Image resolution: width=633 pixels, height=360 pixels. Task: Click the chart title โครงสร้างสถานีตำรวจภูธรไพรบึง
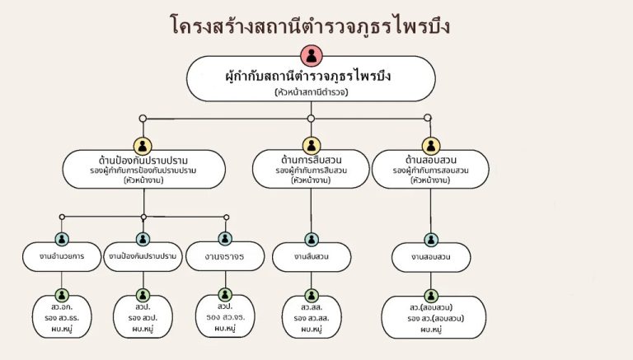(316, 26)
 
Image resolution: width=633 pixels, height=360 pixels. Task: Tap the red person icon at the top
(312, 56)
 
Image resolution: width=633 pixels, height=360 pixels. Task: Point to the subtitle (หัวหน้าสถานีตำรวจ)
(312, 92)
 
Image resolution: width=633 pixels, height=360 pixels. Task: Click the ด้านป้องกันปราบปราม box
(143, 168)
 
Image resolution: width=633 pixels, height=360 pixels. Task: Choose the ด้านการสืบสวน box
(311, 169)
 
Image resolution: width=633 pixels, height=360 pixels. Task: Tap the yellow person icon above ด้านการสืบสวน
(311, 146)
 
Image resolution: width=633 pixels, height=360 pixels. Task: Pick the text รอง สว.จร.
(225, 316)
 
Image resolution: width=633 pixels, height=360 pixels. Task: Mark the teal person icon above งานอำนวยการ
(62, 239)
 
